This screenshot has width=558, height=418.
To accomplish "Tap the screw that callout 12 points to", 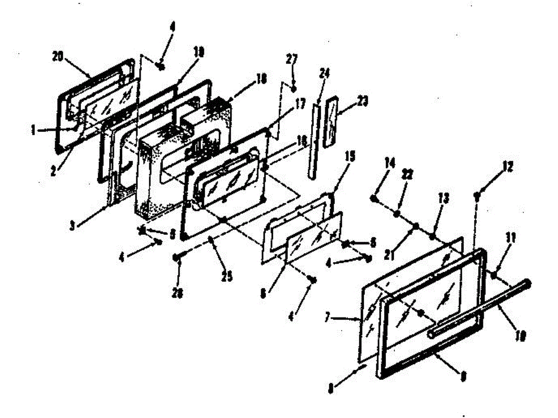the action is [x=477, y=196].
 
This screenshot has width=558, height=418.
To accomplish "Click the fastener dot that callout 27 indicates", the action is [x=294, y=88].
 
